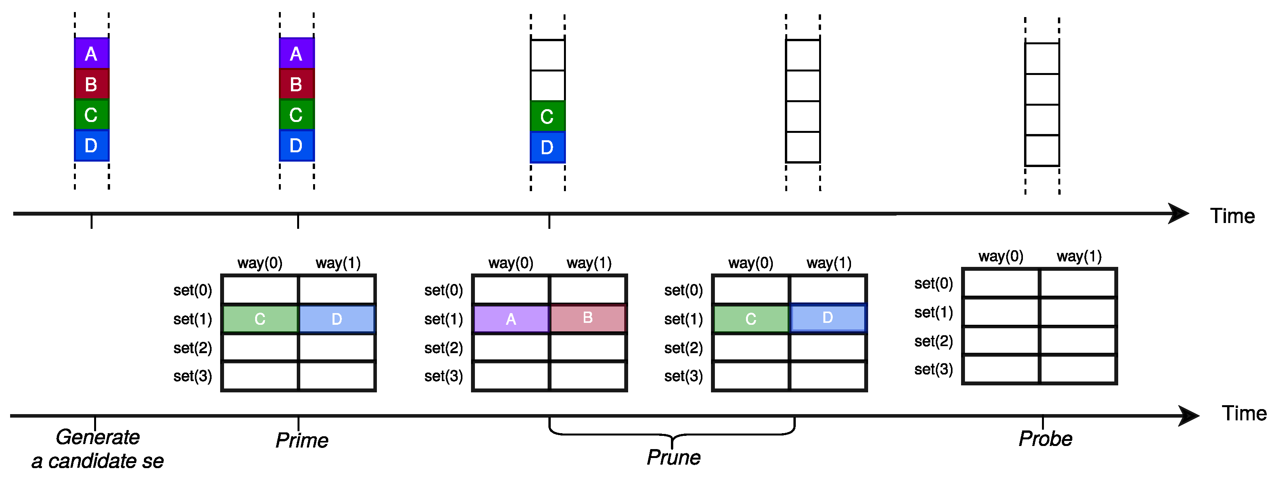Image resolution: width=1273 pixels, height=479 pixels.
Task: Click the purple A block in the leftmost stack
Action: pyautogui.click(x=91, y=53)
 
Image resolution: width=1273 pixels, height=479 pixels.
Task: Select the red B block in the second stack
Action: pyautogui.click(x=296, y=84)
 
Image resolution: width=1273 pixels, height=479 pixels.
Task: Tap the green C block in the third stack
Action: pyautogui.click(x=547, y=117)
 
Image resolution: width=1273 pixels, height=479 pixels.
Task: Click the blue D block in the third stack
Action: pyautogui.click(x=547, y=147)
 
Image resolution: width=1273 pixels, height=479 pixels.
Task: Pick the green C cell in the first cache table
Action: pyautogui.click(x=260, y=319)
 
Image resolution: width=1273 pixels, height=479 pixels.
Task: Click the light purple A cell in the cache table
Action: pyautogui.click(x=511, y=319)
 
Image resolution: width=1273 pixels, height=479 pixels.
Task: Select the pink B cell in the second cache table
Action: pyautogui.click(x=588, y=318)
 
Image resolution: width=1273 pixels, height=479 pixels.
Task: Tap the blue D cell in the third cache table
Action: pyautogui.click(x=828, y=318)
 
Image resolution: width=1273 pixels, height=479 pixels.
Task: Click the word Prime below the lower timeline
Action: pyautogui.click(x=301, y=441)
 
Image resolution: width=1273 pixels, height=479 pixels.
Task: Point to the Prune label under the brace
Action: pyautogui.click(x=674, y=458)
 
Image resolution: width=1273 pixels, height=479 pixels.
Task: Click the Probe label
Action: pyautogui.click(x=1045, y=439)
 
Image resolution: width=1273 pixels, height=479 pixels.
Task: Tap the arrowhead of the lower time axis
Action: pyautogui.click(x=1189, y=416)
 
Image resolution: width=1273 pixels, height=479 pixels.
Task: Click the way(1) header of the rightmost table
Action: pyautogui.click(x=1079, y=256)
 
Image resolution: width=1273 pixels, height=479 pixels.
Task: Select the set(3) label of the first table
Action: pyautogui.click(x=192, y=376)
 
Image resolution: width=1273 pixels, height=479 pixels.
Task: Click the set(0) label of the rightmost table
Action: pyautogui.click(x=933, y=284)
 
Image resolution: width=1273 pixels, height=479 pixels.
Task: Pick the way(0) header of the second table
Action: pyautogui.click(x=511, y=263)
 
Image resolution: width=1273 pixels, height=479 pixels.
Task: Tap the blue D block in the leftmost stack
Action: pyautogui.click(x=91, y=146)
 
